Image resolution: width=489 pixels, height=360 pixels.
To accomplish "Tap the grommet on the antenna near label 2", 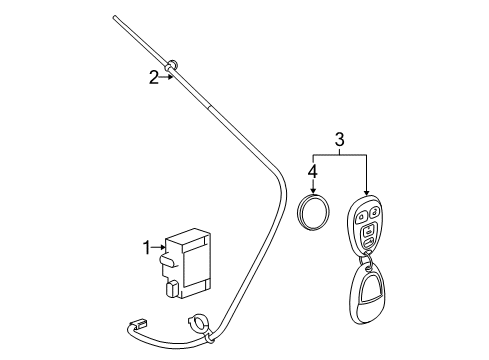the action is pos(173,68).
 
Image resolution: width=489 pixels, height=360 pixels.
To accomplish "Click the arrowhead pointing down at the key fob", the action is pos(365,196).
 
